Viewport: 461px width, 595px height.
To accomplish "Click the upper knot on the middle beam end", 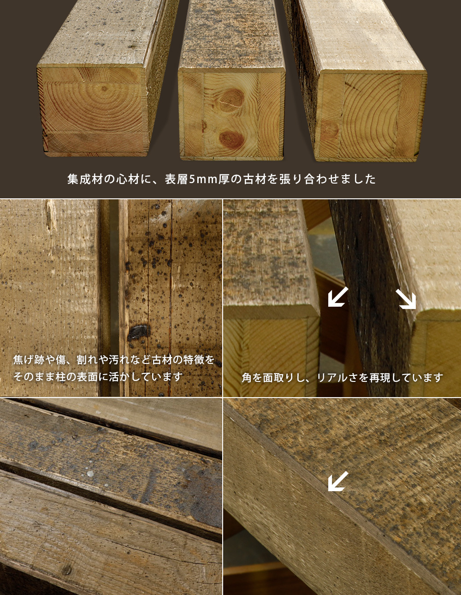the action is [231, 100].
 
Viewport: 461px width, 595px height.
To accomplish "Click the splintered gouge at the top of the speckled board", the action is [51, 214].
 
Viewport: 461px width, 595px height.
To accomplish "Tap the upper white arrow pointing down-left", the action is [338, 297].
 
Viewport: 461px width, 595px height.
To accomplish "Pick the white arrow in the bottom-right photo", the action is [338, 482].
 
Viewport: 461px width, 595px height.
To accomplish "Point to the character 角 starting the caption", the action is [247, 378].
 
